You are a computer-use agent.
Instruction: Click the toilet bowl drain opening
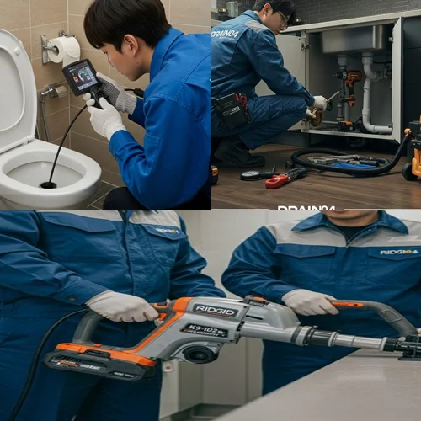point(49,184)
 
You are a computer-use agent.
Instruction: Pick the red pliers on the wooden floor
point(285,178)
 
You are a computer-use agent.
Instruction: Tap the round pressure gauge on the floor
point(250,175)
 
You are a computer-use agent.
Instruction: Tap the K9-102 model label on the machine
point(205,331)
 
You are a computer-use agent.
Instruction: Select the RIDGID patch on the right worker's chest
point(398,251)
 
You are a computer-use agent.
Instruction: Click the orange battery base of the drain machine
point(93,360)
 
